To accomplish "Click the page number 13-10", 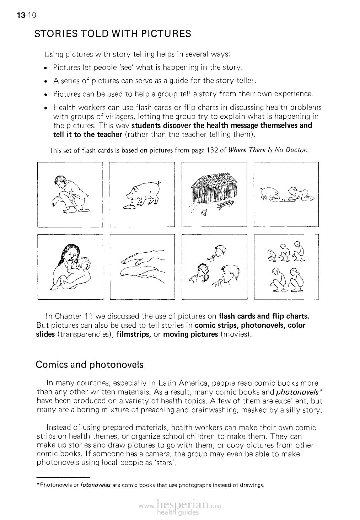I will tap(24, 16).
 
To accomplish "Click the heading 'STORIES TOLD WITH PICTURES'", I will tap(113, 34).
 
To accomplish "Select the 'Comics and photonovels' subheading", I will tap(90, 365).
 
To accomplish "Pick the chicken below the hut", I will tap(204, 213).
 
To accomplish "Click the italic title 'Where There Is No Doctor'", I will tap(268, 150).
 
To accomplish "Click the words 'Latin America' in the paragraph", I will tap(182, 384).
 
